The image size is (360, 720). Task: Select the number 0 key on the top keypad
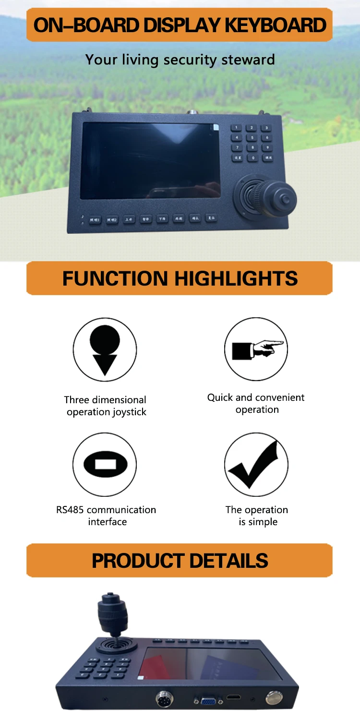click(x=253, y=157)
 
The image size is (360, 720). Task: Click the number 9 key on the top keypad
click(x=267, y=147)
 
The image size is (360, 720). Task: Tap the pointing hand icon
click(x=256, y=349)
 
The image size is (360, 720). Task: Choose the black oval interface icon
click(x=105, y=464)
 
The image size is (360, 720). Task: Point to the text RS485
click(x=71, y=510)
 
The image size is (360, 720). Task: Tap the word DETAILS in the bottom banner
click(x=228, y=561)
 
